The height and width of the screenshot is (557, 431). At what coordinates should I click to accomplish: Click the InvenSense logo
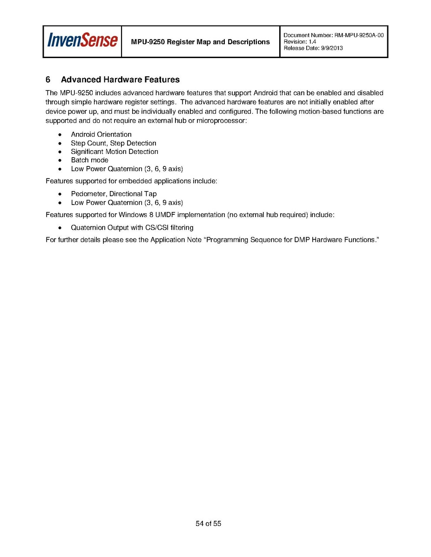pyautogui.click(x=82, y=41)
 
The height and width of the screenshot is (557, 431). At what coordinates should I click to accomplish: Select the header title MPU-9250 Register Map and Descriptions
pyautogui.click(x=200, y=42)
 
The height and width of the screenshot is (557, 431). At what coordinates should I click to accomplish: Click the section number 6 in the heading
pyautogui.click(x=48, y=80)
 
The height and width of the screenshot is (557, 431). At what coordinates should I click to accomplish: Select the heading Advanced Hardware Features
pyautogui.click(x=120, y=80)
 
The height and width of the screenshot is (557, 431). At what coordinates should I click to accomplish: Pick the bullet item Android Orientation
pyautogui.click(x=101, y=134)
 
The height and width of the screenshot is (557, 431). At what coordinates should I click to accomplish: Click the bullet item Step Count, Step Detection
pyautogui.click(x=113, y=143)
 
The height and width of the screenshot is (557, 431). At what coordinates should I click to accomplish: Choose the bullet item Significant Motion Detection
pyautogui.click(x=114, y=152)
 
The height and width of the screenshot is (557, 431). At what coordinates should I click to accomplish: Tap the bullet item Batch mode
pyautogui.click(x=89, y=160)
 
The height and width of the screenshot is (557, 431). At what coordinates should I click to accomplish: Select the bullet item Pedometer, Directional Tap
pyautogui.click(x=114, y=194)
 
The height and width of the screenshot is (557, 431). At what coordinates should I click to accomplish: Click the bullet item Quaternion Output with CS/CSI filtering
pyautogui.click(x=132, y=228)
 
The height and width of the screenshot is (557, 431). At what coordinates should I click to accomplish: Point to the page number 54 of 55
pyautogui.click(x=208, y=524)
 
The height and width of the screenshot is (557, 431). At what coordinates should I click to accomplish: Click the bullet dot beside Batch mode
pyautogui.click(x=60, y=160)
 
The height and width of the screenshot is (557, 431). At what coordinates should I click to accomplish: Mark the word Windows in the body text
pyautogui.click(x=132, y=215)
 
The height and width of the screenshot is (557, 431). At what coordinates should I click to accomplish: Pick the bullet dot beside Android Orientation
pyautogui.click(x=60, y=135)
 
